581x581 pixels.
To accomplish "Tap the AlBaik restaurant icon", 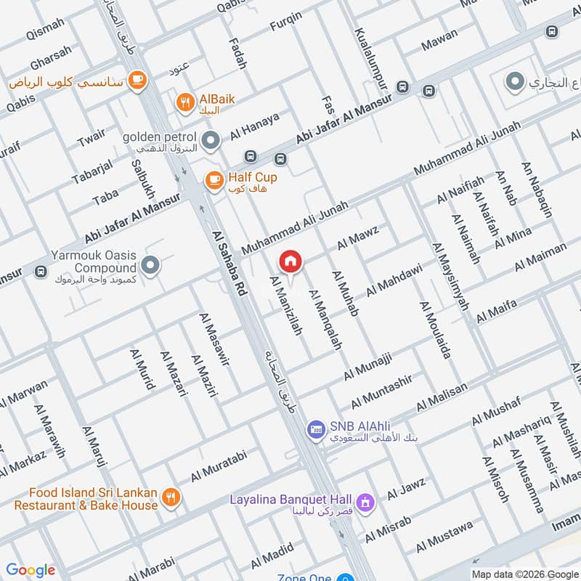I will [x=185, y=102].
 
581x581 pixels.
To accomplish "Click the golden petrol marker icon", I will [x=211, y=140].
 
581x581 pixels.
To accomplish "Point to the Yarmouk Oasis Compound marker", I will [x=151, y=266].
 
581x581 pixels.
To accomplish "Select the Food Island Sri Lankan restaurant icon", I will [x=171, y=497].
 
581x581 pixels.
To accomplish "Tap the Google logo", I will [x=31, y=570].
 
